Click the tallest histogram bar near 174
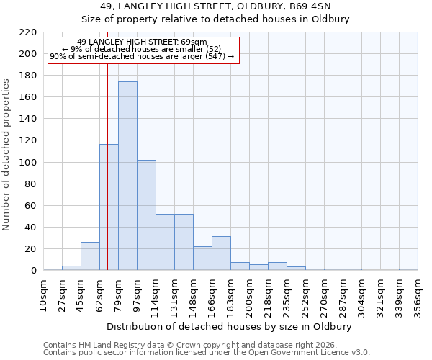[127, 176]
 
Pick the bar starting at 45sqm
[90, 256]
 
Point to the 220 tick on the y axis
[28, 32]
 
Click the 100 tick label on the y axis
[28, 163]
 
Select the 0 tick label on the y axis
[34, 271]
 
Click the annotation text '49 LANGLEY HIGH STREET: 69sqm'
[142, 42]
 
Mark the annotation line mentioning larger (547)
[142, 56]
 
